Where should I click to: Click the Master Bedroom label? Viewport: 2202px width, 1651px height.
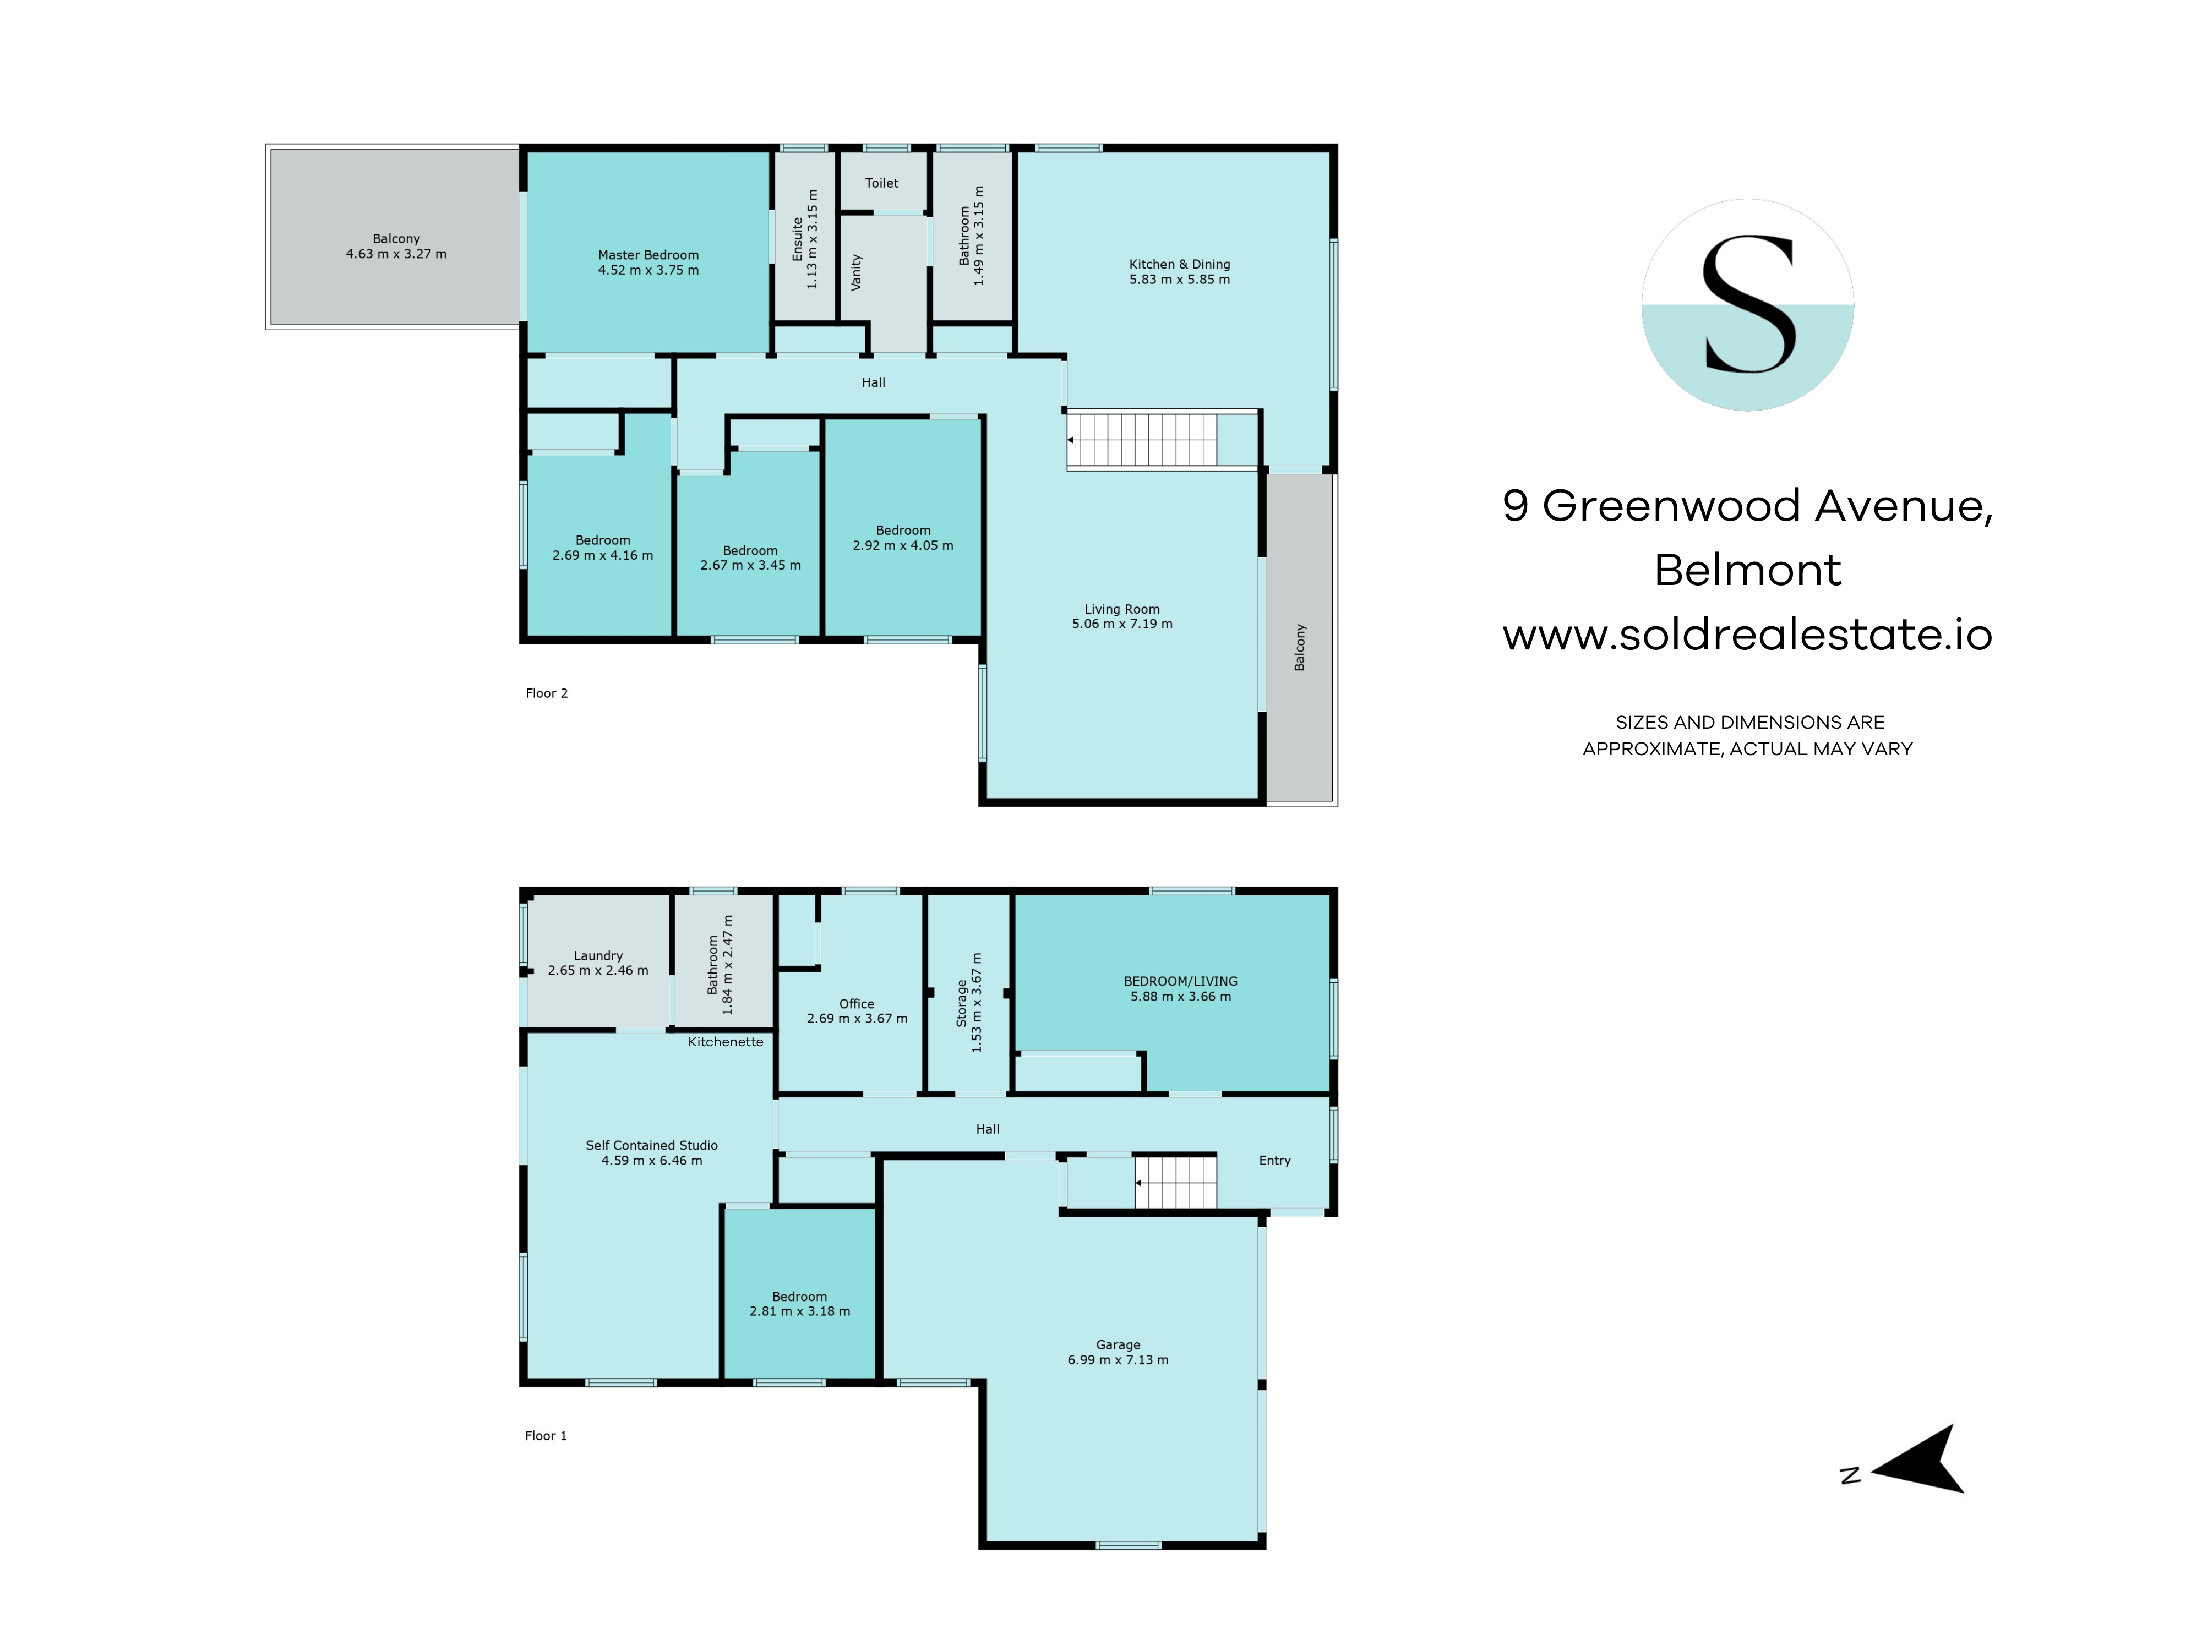[x=648, y=255]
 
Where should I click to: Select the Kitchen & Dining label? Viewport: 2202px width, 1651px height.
[x=1180, y=264]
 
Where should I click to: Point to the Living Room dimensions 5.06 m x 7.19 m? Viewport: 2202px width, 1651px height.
[x=1122, y=624]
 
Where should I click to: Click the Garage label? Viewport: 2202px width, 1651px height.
[x=1118, y=1344]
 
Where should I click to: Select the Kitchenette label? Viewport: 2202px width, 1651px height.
[x=726, y=1042]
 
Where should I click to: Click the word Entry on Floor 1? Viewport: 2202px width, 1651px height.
[x=1274, y=1160]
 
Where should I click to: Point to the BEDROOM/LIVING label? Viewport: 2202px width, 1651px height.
[x=1181, y=981]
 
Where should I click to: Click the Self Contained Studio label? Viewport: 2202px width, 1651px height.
[x=651, y=1145]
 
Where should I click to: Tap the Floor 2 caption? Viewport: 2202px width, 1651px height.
[x=547, y=693]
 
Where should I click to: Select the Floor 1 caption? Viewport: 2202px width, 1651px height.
[x=546, y=1435]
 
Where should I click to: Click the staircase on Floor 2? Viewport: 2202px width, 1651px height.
[x=1142, y=440]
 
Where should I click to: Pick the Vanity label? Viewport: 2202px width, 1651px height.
[x=856, y=272]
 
